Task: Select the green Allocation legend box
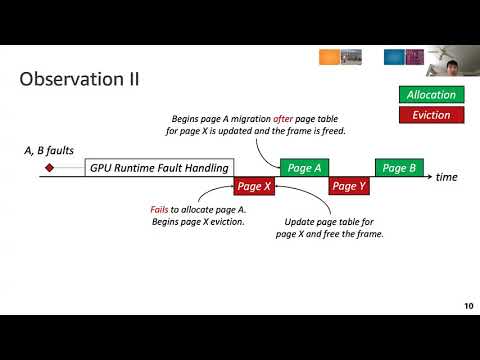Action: [431, 95]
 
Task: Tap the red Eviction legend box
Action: [431, 115]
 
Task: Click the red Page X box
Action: [254, 186]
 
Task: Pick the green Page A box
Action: [304, 168]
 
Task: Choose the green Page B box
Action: [398, 168]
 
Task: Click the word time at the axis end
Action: [447, 177]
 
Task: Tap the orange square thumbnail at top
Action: [327, 58]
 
